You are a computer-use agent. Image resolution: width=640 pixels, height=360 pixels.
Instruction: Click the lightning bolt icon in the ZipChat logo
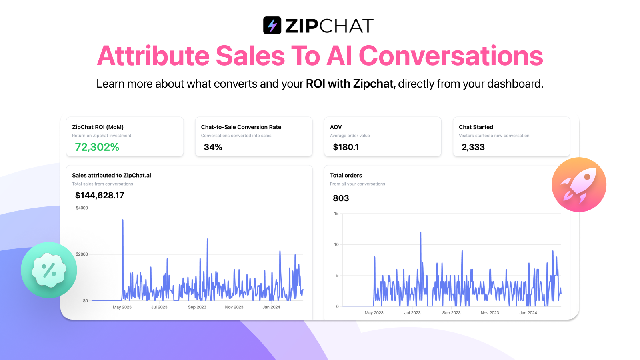272,26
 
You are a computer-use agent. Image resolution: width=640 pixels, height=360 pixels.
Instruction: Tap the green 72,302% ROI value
97,147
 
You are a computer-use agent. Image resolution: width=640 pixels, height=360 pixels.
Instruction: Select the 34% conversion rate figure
213,147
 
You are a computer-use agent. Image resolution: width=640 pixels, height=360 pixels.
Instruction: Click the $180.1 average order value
346,147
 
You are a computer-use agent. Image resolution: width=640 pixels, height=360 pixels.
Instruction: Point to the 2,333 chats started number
473,147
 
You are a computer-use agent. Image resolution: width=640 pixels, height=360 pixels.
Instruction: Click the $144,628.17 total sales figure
100,196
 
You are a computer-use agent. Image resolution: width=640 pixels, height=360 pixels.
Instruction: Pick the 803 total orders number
341,198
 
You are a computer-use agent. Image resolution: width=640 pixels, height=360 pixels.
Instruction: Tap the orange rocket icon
579,184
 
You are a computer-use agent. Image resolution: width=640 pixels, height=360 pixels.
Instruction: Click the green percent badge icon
49,270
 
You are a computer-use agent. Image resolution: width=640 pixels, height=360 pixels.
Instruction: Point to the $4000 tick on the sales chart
82,208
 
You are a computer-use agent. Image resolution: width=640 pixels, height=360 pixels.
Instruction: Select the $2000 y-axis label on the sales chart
82,254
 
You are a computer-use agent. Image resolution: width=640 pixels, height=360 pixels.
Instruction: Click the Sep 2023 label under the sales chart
197,307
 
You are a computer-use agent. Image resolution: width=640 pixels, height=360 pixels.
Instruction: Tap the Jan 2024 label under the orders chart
528,313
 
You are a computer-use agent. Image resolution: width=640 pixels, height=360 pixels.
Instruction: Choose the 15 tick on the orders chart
336,214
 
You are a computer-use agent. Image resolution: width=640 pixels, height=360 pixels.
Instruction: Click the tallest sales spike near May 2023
123,220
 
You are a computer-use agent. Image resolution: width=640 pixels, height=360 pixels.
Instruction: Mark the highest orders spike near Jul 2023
420,232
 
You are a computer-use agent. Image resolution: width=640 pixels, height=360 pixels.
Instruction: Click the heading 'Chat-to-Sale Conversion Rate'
241,127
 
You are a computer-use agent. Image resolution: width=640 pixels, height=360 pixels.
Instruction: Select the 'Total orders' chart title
346,176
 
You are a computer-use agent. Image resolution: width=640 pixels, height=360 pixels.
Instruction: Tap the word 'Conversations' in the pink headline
450,56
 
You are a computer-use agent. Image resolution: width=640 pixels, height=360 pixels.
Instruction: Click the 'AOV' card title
336,127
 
